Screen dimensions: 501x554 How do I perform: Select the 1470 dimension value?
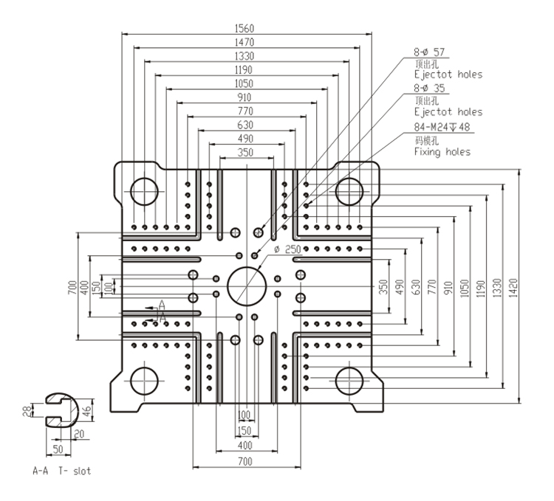coord(244,42)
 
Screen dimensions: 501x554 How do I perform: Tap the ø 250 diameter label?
coord(287,250)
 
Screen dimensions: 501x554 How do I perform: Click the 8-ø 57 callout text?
coord(431,52)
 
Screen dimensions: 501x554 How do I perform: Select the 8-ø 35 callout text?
coord(431,89)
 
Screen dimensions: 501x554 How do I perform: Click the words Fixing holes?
coord(442,151)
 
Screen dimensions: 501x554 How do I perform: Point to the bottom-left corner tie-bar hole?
coord(143,382)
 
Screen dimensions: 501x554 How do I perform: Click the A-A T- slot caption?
coord(62,470)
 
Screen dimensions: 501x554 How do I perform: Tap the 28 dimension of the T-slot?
coord(25,412)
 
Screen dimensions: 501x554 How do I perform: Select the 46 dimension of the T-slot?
coord(86,412)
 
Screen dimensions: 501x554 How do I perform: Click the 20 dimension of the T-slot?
coord(78,434)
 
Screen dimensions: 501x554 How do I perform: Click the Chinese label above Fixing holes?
coord(427,139)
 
